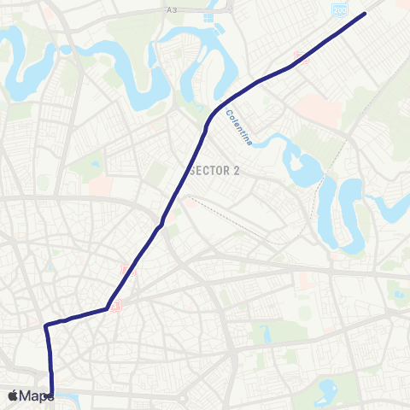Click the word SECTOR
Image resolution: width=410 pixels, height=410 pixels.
(210, 171)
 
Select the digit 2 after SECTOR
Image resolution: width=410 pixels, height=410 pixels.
(237, 171)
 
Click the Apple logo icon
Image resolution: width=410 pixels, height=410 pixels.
(14, 395)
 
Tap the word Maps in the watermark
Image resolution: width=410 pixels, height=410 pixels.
(37, 395)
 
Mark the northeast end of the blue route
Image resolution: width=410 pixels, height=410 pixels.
(366, 13)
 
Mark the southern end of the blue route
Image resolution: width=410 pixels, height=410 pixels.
(51, 395)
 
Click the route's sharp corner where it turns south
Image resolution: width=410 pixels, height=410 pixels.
(46, 325)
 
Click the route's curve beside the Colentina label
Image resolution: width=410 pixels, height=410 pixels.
(214, 115)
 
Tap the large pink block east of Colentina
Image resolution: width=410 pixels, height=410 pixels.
(320, 111)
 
